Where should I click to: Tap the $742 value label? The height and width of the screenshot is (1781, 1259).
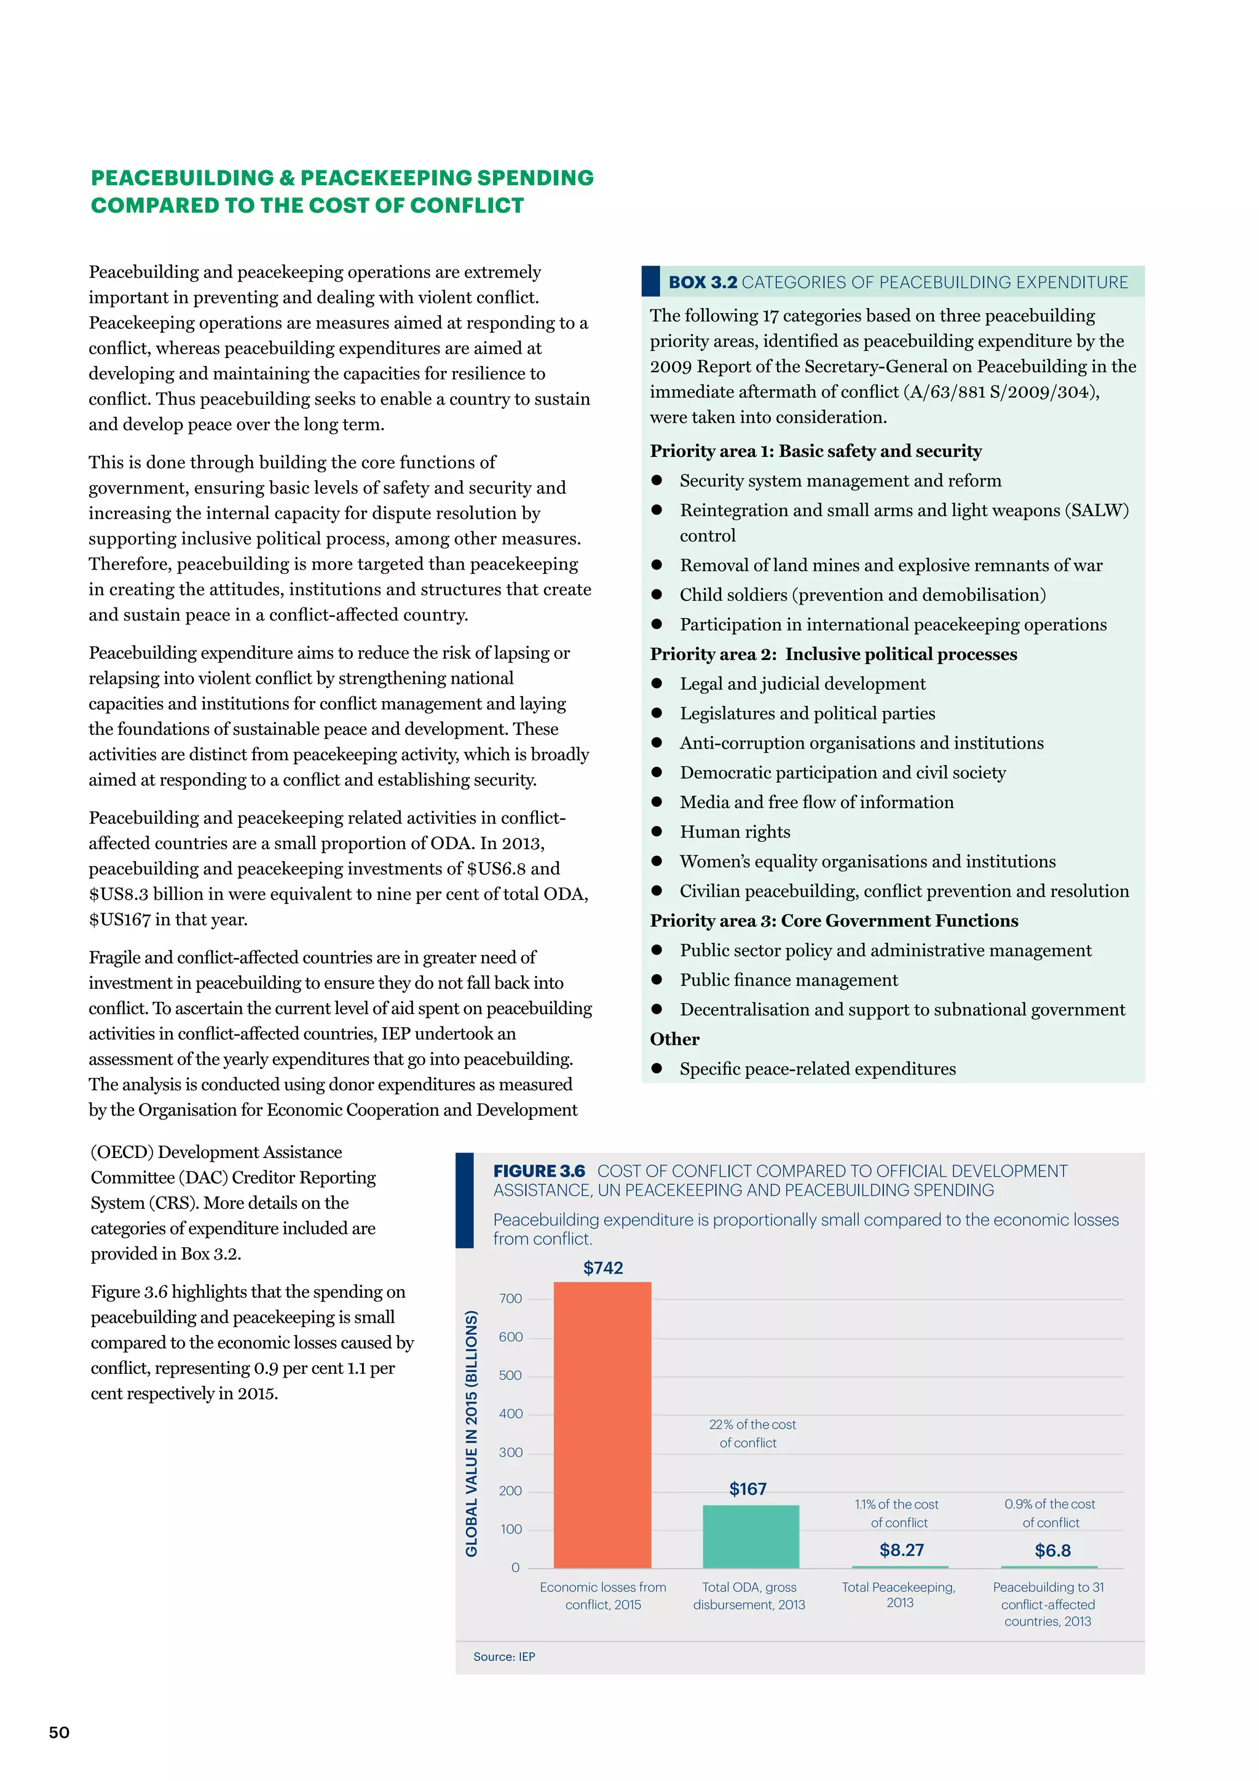[603, 1267]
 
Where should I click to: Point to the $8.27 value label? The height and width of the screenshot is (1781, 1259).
[901, 1550]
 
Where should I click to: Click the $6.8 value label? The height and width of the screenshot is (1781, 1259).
[1052, 1550]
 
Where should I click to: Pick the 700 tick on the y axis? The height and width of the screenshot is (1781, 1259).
[510, 1298]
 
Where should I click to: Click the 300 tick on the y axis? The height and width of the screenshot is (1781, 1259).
[510, 1452]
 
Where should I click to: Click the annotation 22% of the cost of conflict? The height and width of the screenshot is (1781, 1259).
[751, 1434]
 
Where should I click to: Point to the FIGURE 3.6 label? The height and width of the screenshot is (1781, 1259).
[539, 1172]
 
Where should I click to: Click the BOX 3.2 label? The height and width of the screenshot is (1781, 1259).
[703, 282]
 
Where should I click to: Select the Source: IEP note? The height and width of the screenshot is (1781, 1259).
[504, 1657]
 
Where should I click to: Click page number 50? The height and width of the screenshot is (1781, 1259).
[59, 1733]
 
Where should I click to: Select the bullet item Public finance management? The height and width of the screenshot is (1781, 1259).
[789, 980]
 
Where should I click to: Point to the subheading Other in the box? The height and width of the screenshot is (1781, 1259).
[674, 1039]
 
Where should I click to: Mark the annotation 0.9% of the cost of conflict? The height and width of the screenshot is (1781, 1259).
[1050, 1513]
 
